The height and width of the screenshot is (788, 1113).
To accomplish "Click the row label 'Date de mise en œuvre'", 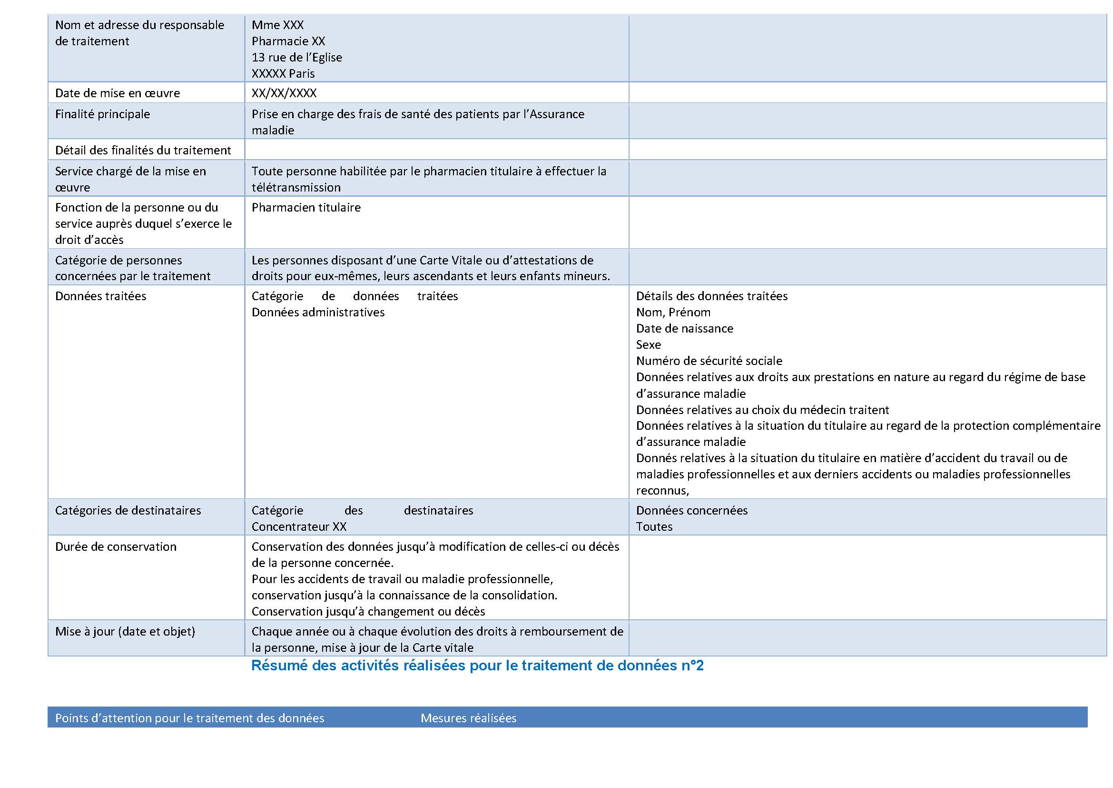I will tap(118, 93).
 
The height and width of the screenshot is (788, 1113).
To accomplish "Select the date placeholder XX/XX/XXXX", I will tap(284, 93).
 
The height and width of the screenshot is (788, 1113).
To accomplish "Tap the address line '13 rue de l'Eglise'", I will tap(296, 57).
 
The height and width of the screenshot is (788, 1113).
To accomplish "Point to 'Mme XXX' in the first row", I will tap(278, 25).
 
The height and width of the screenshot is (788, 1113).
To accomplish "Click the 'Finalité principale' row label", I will tap(102, 114).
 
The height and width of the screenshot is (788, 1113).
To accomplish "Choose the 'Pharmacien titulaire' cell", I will tap(306, 207).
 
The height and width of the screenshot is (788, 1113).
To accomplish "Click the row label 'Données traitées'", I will tap(100, 296).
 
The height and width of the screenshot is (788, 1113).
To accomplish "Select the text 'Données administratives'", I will tap(318, 312).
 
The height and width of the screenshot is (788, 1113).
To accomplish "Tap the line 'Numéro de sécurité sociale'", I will tap(709, 361).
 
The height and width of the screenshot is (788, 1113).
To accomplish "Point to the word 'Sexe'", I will tap(648, 344).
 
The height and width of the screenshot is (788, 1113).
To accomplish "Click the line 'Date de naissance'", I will tap(684, 329).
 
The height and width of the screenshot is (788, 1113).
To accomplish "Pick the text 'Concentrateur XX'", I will tap(299, 526).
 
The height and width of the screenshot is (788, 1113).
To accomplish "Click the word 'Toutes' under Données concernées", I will tap(654, 526).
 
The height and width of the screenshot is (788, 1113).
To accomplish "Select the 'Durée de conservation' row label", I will tap(115, 546).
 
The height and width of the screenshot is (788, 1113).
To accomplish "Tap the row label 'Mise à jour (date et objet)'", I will tap(125, 631).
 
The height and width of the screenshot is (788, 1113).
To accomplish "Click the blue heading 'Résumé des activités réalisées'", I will tap(477, 665).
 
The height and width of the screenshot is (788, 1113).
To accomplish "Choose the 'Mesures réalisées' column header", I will tap(468, 718).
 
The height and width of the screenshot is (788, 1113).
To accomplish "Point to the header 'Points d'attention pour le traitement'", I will tap(189, 718).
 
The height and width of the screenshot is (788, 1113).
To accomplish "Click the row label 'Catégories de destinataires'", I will tap(128, 510).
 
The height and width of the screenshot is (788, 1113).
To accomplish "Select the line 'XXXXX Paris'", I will tap(283, 74).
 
